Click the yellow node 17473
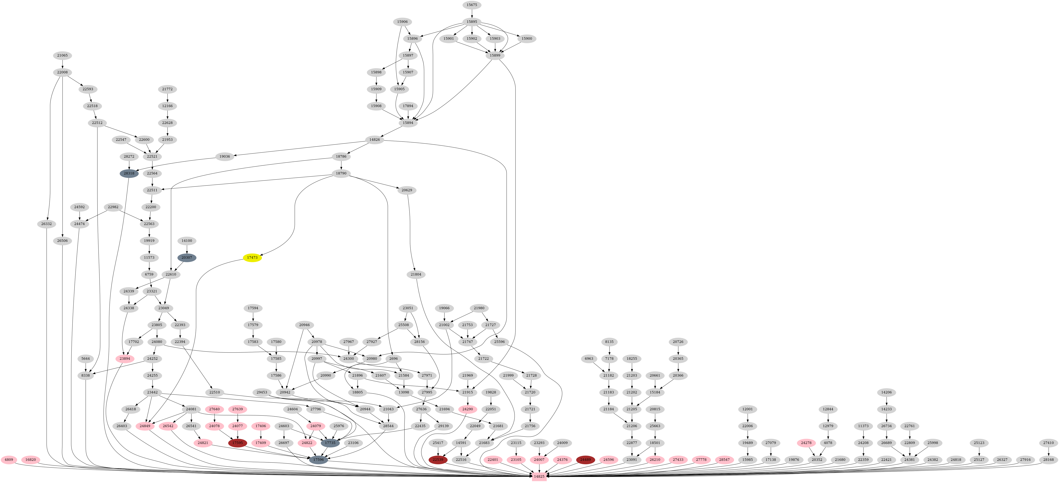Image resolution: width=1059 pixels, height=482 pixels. (252, 258)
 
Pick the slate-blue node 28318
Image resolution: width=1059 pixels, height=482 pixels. (129, 174)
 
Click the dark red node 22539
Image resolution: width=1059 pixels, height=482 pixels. (438, 460)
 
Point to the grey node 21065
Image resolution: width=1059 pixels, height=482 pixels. (62, 55)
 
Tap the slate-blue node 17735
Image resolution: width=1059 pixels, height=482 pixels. (330, 443)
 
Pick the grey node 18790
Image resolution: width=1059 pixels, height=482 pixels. (341, 174)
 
